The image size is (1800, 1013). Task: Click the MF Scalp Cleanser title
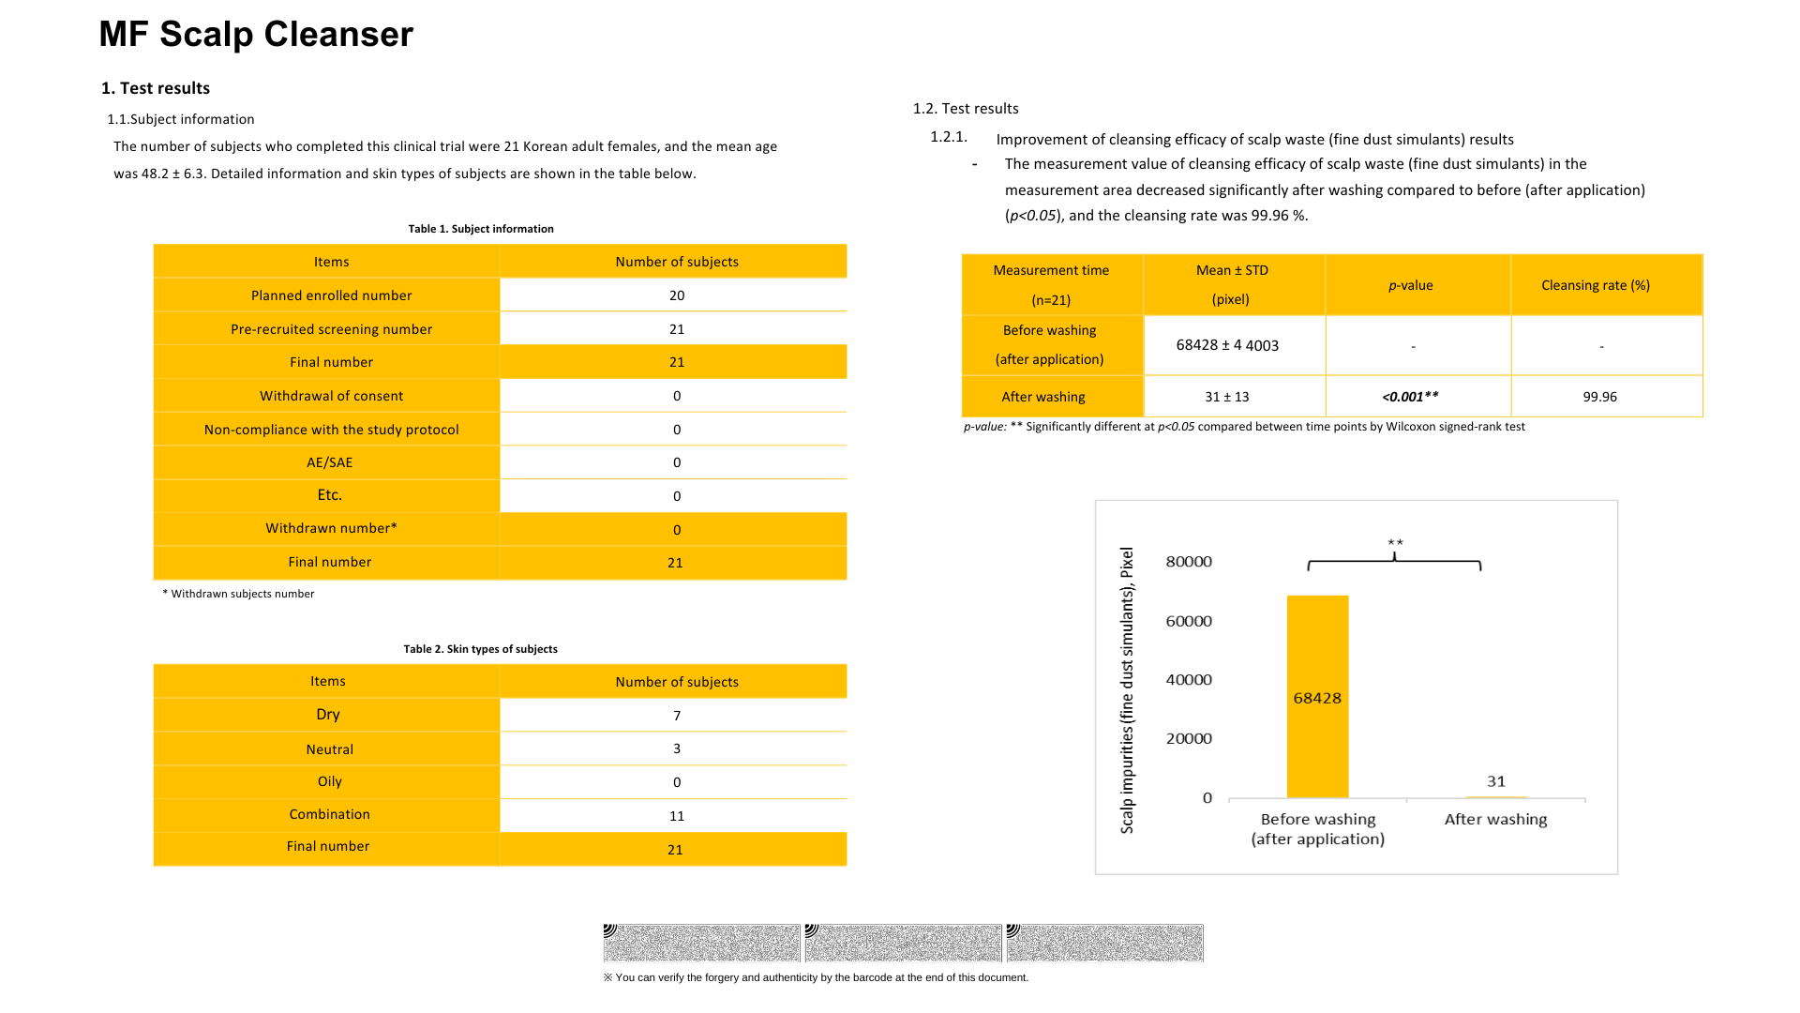click(256, 35)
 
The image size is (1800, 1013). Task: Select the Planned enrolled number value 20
click(677, 295)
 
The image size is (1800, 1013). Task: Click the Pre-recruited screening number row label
click(331, 329)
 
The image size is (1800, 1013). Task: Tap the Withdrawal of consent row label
click(331, 396)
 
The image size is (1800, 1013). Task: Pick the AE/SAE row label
click(330, 462)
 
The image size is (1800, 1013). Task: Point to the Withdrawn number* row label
click(331, 528)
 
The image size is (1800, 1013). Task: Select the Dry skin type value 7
click(677, 716)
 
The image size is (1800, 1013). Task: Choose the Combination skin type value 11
click(677, 816)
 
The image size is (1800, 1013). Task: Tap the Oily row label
click(329, 781)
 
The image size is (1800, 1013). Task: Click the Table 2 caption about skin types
click(480, 649)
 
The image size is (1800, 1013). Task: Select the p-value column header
click(1410, 285)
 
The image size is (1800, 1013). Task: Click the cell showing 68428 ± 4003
click(1227, 345)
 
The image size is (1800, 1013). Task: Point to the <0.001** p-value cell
click(1410, 397)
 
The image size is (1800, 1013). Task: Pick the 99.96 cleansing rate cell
click(1599, 397)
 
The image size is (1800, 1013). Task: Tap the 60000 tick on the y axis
click(1189, 621)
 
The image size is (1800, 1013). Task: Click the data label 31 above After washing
click(1496, 781)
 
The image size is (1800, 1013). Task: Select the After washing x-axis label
click(1495, 819)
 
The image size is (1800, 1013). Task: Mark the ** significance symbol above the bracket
click(1395, 543)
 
